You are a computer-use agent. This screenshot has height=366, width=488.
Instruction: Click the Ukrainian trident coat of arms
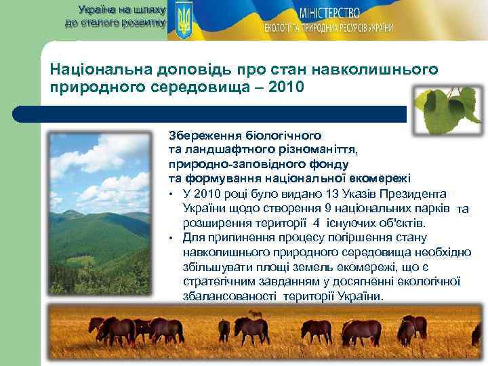coord(183,20)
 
